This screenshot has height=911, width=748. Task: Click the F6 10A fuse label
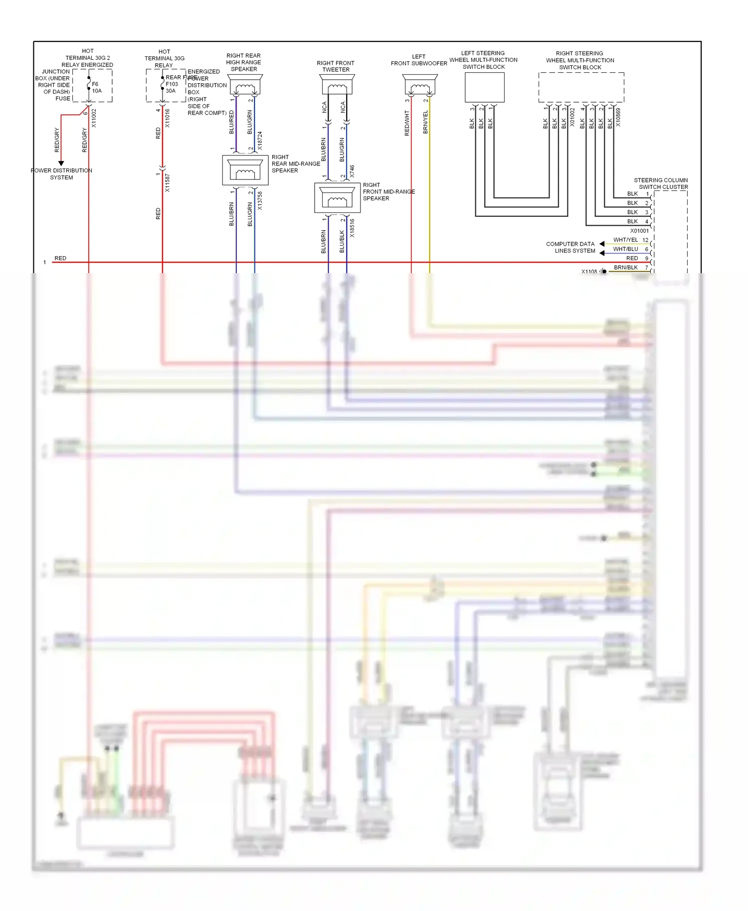(96, 88)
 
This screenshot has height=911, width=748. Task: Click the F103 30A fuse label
(172, 88)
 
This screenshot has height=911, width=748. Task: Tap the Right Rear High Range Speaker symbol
(245, 85)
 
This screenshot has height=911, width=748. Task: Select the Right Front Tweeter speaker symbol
(337, 85)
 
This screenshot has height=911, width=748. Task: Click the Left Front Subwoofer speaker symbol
(419, 85)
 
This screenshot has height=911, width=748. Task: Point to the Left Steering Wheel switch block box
(484, 88)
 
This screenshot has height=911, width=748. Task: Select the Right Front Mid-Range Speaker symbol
(337, 198)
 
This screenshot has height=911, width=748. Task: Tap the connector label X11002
(94, 119)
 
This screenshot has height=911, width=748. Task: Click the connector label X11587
(168, 183)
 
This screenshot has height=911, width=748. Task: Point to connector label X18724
(260, 141)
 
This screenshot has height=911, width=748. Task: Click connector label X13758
(260, 201)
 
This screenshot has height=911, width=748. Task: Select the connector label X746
(352, 171)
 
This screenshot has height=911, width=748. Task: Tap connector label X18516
(352, 228)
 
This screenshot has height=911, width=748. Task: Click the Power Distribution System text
(61, 174)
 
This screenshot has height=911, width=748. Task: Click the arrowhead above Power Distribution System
(61, 163)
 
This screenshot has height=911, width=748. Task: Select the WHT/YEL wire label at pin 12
(625, 240)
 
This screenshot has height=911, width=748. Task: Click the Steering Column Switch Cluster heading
(661, 183)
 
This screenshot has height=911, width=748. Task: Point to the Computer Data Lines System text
(571, 247)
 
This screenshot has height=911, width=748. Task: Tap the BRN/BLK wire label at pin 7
(625, 268)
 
